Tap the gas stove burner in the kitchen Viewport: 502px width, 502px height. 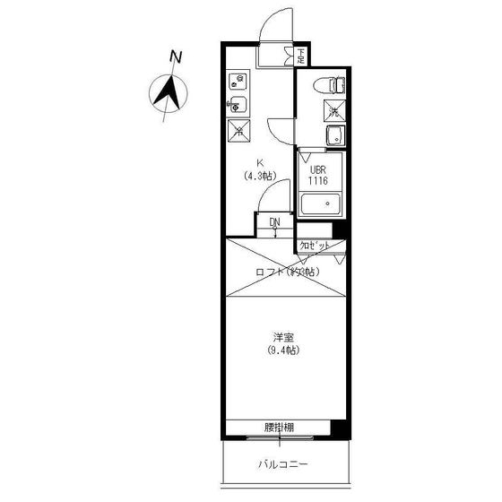point(238,82)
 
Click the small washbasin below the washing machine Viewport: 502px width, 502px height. point(333,137)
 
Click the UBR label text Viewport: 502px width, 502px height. point(318,169)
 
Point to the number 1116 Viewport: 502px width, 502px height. point(318,180)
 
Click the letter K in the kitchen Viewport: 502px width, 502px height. point(260,162)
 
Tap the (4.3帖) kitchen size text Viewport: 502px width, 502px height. point(260,175)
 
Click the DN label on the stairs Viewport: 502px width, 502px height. point(275,221)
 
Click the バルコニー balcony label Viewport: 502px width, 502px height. point(283,464)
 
